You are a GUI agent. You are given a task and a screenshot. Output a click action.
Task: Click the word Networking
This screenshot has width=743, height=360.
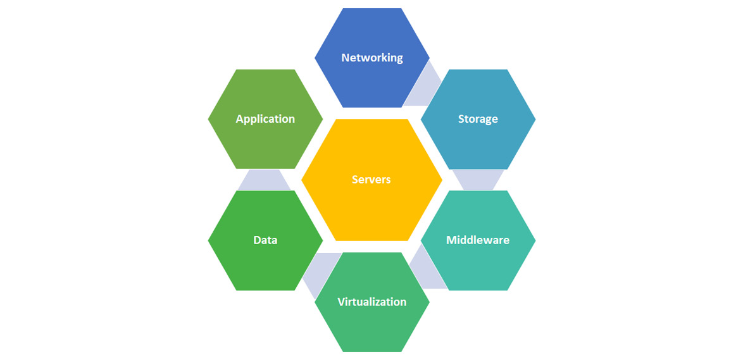pyautogui.click(x=371, y=58)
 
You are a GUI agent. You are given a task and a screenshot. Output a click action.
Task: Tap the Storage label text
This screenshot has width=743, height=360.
pyautogui.click(x=478, y=119)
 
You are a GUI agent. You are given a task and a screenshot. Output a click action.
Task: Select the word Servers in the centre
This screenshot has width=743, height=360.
pyautogui.click(x=371, y=180)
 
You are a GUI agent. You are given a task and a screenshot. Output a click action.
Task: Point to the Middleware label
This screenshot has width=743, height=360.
pyautogui.click(x=478, y=240)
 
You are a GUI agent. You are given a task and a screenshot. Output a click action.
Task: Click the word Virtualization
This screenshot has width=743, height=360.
pyautogui.click(x=371, y=302)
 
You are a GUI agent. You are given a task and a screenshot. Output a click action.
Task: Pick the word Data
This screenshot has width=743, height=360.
pyautogui.click(x=265, y=240)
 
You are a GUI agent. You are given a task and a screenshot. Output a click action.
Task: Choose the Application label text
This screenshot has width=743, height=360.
pyautogui.click(x=265, y=119)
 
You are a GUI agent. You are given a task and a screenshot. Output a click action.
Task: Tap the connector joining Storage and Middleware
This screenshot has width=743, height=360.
pyautogui.click(x=478, y=180)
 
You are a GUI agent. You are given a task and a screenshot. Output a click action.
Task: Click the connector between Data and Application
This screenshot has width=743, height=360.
pyautogui.click(x=265, y=180)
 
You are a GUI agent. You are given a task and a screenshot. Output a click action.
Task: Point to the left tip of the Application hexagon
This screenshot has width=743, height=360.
pyautogui.click(x=209, y=119)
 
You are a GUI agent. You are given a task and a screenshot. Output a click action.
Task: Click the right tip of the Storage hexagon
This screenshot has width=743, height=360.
pyautogui.click(x=535, y=119)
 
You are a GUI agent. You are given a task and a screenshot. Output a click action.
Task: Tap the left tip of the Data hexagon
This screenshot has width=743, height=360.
pyautogui.click(x=209, y=240)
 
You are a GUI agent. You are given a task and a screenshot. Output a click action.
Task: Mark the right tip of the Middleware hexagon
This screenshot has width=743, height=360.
pyautogui.click(x=535, y=240)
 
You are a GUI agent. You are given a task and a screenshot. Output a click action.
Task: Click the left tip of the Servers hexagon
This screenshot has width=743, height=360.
pyautogui.click(x=302, y=180)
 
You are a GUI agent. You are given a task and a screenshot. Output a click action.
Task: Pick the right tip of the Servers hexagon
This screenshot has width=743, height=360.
pyautogui.click(x=442, y=180)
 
